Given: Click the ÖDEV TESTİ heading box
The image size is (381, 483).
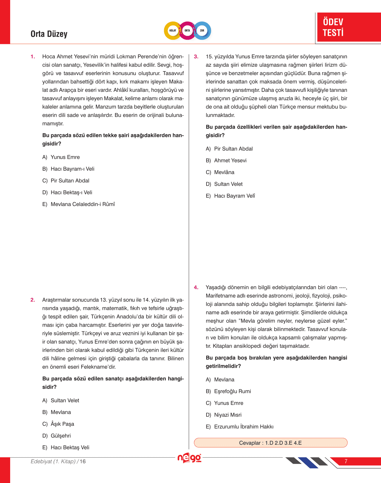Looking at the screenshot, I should coord(348,27).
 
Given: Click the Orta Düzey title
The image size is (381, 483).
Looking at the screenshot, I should coord(49,34).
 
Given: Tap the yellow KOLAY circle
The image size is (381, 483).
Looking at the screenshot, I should coord(173,31).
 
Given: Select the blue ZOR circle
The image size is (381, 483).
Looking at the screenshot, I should coord(202,31).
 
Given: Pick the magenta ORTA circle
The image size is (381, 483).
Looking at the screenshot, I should coord(187,31).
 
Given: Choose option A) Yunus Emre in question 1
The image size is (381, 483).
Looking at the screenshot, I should coord(61,157).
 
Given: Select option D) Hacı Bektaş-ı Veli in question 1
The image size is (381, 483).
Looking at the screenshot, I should coord(67,193).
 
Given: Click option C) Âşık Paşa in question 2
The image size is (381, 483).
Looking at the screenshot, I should coord(58,424).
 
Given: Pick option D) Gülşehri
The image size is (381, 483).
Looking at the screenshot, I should coord(57,436).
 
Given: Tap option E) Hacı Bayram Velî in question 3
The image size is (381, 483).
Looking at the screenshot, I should coord(230,196).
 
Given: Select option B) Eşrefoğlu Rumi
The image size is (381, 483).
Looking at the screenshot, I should coord(228,391).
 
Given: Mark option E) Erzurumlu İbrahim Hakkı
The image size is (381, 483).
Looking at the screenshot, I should coord(240,427).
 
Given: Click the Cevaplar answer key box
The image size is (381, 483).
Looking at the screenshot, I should coord(270,443).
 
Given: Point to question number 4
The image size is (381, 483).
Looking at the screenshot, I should coord(196,288).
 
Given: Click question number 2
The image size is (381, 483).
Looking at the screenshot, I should coord(33,300).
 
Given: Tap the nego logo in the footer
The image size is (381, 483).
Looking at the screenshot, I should coord(189,458).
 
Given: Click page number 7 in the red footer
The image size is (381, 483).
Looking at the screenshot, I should coord(346,461).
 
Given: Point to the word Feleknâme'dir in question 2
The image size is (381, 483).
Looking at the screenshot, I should coord(98,367).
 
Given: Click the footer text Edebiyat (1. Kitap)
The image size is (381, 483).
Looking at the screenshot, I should coord(53,461).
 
